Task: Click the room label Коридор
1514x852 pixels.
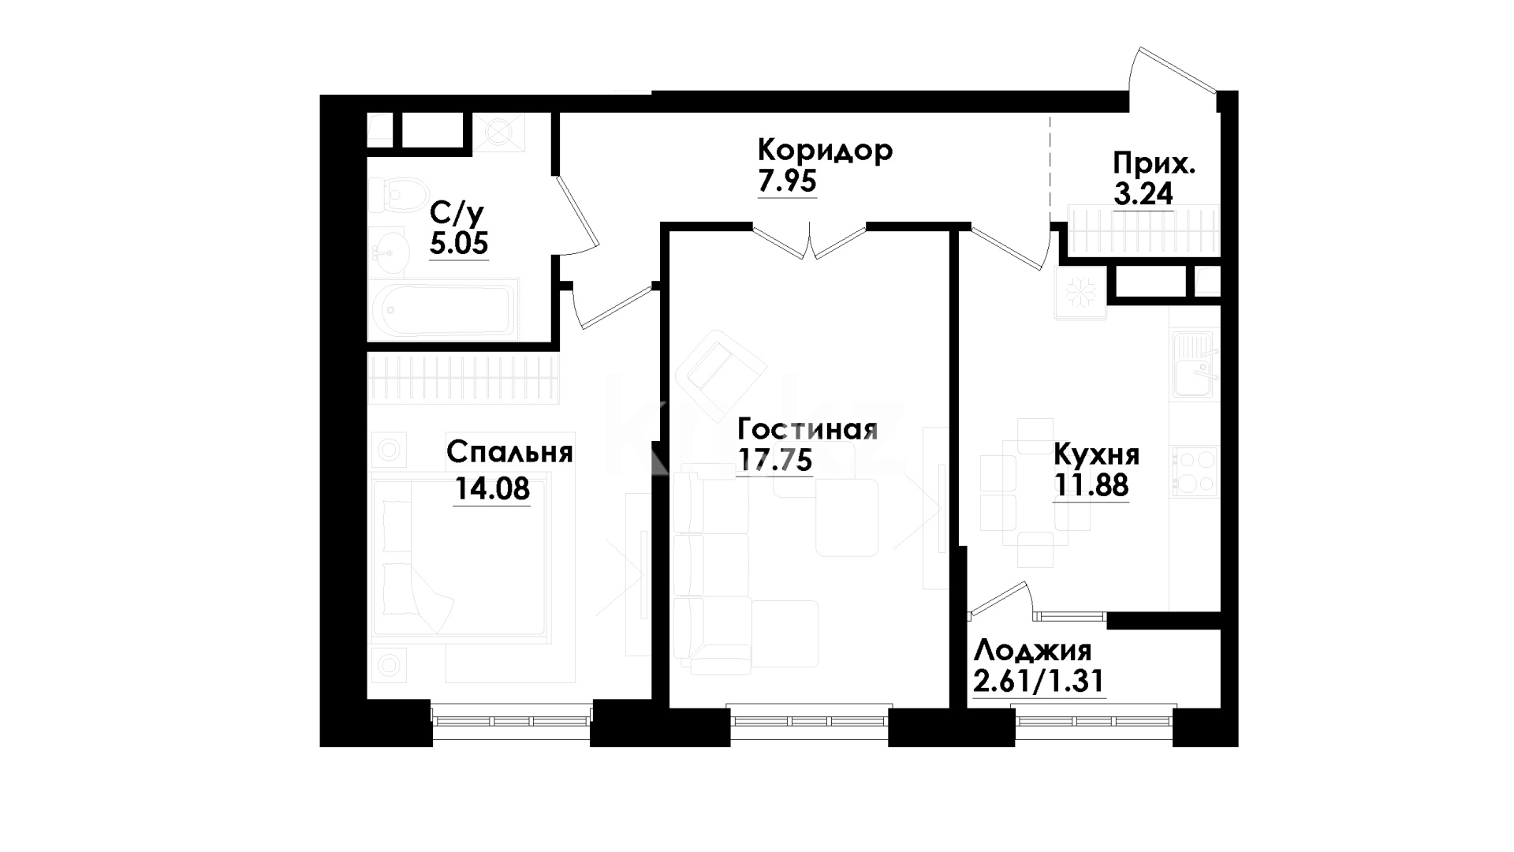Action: click(x=825, y=150)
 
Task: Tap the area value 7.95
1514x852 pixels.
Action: click(x=787, y=182)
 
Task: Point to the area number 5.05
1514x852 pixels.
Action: click(x=459, y=243)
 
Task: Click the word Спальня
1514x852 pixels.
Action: click(x=509, y=453)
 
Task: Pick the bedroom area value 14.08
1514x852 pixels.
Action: click(x=492, y=489)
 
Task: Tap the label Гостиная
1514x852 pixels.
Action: click(x=807, y=430)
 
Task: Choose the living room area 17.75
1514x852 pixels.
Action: click(x=774, y=460)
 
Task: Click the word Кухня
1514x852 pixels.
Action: click(x=1097, y=456)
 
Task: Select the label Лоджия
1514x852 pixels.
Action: click(x=1033, y=652)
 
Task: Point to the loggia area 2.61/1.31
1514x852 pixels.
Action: click(x=1039, y=681)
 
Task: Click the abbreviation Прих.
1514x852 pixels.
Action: click(x=1154, y=164)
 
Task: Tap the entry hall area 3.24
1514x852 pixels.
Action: click(x=1143, y=193)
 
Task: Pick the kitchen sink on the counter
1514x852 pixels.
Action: click(x=1195, y=367)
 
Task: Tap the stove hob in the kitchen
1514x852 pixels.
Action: click(x=1195, y=471)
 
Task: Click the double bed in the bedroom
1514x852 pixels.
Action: click(x=461, y=555)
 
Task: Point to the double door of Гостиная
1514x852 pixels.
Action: click(x=810, y=241)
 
